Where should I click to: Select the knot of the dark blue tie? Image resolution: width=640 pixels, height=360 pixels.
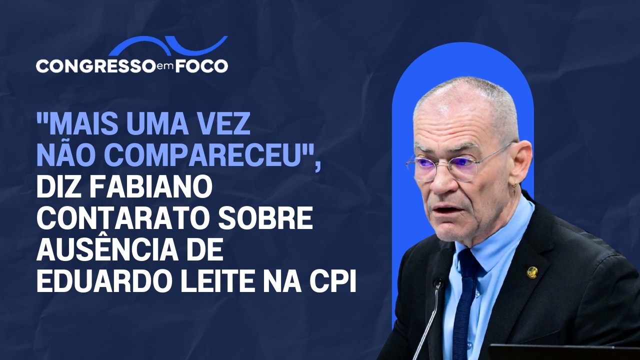(x=467, y=260)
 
